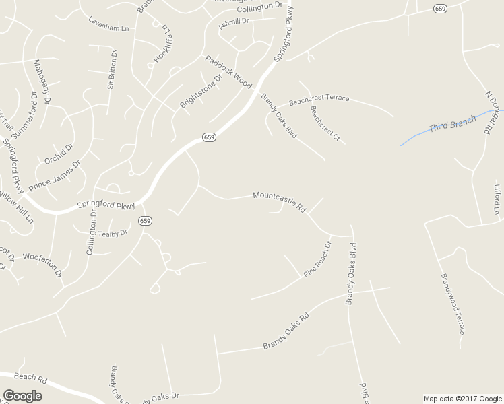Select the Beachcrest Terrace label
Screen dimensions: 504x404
[x=319, y=100]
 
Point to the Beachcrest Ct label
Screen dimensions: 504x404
[x=325, y=123]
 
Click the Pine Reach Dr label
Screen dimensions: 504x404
[x=317, y=259]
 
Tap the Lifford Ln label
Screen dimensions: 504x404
[x=497, y=199]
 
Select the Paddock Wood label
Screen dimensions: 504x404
[x=228, y=71]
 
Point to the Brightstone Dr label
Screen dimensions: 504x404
[x=201, y=92]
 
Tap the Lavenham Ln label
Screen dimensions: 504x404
[x=108, y=24]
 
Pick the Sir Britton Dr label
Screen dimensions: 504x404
[x=112, y=69]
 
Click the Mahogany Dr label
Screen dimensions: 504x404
[x=42, y=84]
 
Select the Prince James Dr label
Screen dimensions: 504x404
[x=54, y=174]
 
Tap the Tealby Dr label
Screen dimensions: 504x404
[x=113, y=234]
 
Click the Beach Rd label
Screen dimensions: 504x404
[x=30, y=378]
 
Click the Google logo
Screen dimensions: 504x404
[x=22, y=396]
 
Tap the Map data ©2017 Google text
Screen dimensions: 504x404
[x=462, y=399]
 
